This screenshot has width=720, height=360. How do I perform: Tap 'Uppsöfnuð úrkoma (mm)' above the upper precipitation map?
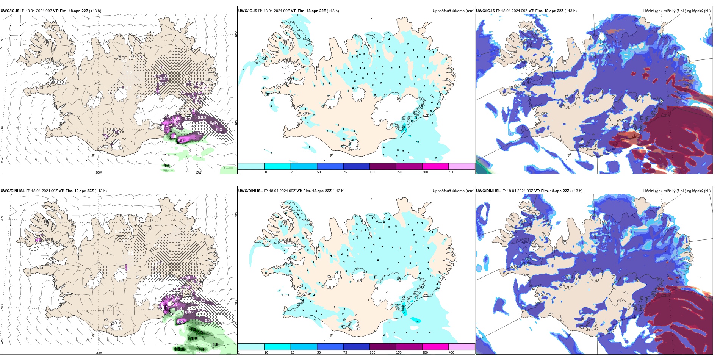tap(453, 11)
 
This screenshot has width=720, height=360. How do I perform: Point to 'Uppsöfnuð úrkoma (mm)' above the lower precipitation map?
tap(453, 191)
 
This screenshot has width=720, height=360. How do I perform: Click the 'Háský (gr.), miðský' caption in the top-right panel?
tap(661, 11)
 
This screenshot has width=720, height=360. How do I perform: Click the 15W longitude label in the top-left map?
tap(198, 172)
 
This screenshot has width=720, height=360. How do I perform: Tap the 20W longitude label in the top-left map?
tap(99, 172)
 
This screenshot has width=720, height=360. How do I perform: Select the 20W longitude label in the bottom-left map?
tap(99, 353)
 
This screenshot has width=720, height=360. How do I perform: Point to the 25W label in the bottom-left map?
tap(2, 341)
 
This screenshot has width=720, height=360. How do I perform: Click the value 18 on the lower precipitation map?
tap(417, 321)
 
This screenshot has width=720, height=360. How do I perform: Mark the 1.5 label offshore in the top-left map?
tap(167, 166)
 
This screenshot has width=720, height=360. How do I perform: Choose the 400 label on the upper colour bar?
tap(451, 172)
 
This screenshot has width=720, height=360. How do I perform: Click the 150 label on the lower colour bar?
tap(399, 352)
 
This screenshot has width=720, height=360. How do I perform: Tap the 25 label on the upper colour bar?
tap(293, 172)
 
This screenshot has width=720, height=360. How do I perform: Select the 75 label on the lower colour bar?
tap(345, 352)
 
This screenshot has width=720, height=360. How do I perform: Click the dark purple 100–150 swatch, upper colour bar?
tap(383, 166)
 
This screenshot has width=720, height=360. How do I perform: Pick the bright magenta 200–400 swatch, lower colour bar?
tap(435, 347)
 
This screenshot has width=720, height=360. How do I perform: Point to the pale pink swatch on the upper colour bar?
tap(462, 166)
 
